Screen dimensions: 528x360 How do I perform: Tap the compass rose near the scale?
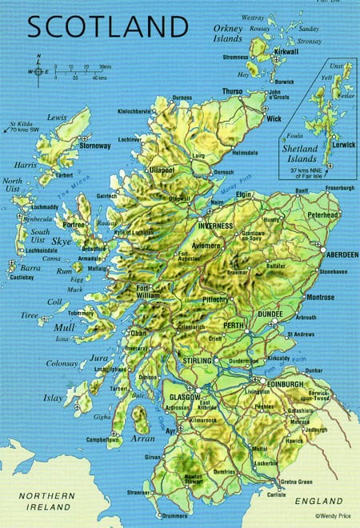pos(38,71)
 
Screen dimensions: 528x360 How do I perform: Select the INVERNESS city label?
pos(215,226)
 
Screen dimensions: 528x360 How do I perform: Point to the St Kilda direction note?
pos(22,126)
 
